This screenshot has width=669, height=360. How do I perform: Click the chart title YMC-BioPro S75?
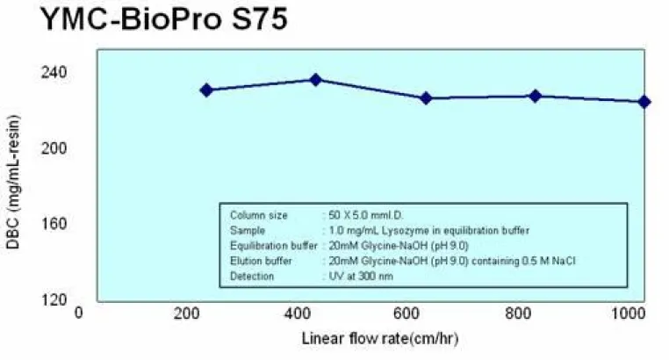tap(164, 19)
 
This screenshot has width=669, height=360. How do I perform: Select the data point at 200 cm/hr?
tap(206, 90)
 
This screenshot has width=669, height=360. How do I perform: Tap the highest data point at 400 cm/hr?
tap(316, 80)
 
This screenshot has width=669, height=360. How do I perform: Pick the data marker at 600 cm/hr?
tap(426, 98)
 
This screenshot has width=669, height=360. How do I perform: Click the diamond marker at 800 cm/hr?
tap(535, 97)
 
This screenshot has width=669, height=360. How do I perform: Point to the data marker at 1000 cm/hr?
tap(644, 102)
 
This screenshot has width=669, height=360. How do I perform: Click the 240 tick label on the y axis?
tap(54, 72)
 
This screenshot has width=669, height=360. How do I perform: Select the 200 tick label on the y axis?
tap(54, 148)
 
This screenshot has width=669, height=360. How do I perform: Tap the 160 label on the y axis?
tap(54, 224)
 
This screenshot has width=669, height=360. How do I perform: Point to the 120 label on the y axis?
tap(54, 299)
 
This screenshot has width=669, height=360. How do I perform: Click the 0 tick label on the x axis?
tap(78, 313)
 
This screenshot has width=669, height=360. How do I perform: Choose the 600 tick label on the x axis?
tap(406, 314)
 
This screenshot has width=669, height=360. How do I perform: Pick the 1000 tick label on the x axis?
tap(628, 314)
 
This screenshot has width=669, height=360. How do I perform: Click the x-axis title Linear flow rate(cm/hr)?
tap(380, 339)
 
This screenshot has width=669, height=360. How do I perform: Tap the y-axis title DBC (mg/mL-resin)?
tap(13, 182)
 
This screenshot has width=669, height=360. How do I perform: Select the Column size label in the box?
tap(258, 215)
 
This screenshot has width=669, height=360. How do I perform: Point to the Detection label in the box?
tap(252, 277)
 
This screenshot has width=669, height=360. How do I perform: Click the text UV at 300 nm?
tap(361, 277)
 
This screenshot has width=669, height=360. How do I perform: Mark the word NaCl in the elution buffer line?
tap(564, 261)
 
